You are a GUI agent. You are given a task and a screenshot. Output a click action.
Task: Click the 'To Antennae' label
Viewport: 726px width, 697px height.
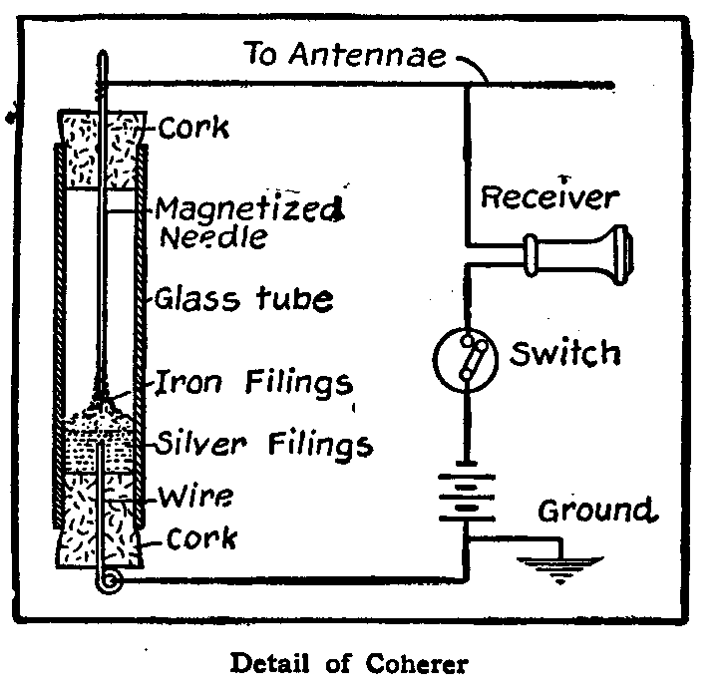pyautogui.click(x=344, y=56)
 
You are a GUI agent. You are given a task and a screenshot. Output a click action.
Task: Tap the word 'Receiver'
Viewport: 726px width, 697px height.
pyautogui.click(x=548, y=197)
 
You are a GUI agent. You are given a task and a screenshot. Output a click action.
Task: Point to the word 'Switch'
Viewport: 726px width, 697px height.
pyautogui.click(x=565, y=352)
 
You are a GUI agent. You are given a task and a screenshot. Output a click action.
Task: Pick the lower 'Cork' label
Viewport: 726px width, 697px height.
pyautogui.click(x=201, y=538)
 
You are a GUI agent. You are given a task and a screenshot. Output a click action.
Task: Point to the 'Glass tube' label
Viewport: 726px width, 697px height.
pyautogui.click(x=243, y=298)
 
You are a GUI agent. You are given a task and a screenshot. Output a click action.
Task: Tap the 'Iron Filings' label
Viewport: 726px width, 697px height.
pyautogui.click(x=255, y=382)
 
